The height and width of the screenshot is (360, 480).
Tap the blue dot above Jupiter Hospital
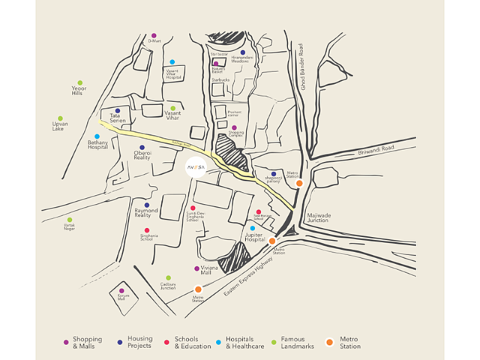[x=253, y=228]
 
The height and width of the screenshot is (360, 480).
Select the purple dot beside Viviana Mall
[x=197, y=268]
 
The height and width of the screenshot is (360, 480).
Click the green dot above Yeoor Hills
[x=79, y=82]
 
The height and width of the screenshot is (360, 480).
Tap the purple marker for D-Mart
[x=154, y=35]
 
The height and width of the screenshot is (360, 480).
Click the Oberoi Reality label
[x=142, y=155]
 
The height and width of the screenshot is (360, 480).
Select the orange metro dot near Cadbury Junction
[x=198, y=289]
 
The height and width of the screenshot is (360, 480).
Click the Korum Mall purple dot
[x=121, y=290]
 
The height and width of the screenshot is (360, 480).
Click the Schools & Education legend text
[x=192, y=343]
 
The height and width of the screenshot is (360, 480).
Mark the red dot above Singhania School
[x=147, y=230]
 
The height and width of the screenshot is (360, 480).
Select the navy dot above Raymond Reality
[x=147, y=205]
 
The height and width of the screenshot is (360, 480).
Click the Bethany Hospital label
[x=97, y=144]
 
